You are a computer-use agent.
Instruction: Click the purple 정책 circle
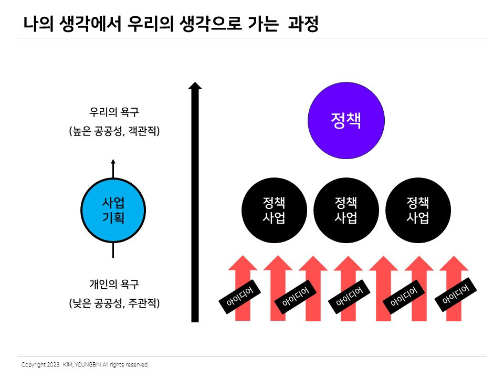(346, 122)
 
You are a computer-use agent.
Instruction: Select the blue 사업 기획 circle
(113, 211)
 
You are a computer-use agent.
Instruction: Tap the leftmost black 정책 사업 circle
(274, 211)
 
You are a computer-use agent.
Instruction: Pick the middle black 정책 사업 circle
(345, 211)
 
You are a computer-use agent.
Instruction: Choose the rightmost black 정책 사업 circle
(418, 211)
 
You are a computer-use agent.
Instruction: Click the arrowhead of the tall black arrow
(195, 86)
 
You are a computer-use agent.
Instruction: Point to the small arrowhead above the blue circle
(113, 162)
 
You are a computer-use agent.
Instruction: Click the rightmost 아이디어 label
(456, 294)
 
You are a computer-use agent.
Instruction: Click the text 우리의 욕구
(114, 112)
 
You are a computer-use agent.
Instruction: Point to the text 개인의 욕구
(114, 285)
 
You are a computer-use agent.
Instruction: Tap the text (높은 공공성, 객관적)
(114, 131)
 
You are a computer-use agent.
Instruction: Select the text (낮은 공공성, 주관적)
(114, 303)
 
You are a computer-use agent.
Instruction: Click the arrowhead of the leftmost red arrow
(243, 262)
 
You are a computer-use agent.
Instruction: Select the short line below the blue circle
(113, 250)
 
